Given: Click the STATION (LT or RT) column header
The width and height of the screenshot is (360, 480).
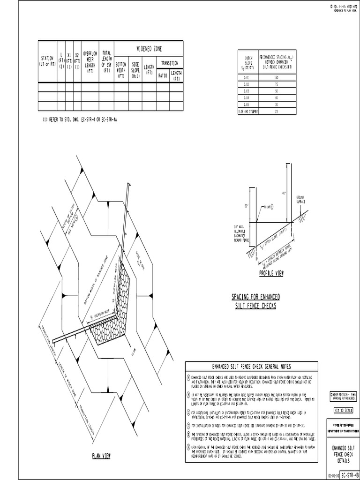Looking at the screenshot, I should coord(47,61).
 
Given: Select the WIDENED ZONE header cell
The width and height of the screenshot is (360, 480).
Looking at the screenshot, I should coord(149,49).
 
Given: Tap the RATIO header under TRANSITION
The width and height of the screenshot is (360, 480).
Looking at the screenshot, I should coord(163,75).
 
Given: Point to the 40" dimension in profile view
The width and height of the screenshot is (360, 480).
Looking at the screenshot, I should coord(284,193).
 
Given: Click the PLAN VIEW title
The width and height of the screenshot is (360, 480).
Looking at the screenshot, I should coord(101,456).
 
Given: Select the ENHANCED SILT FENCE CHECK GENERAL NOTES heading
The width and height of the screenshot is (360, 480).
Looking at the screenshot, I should coord(252,366).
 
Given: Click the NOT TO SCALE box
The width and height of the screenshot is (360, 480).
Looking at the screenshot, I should coord(344,411).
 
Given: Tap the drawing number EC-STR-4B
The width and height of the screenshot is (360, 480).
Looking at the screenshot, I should coord(350,475).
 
